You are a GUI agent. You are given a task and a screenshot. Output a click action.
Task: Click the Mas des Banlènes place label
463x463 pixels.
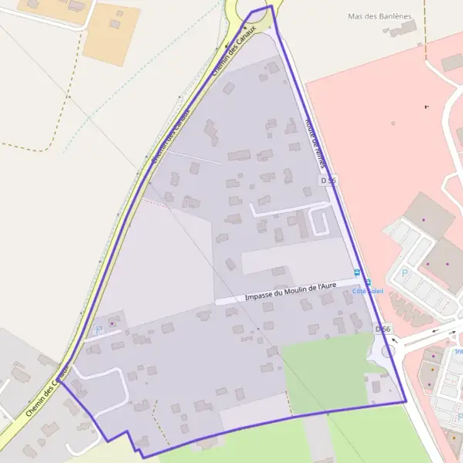pos(379,16)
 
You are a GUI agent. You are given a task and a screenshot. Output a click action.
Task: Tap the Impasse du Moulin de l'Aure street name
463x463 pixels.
pos(290,292)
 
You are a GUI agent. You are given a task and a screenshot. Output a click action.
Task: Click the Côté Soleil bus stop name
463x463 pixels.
pos(367,291)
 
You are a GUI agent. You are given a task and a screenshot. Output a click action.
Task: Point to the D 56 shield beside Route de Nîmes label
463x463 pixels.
pos(328,180)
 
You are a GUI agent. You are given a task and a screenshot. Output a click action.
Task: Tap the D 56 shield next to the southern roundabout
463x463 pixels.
pos(383,329)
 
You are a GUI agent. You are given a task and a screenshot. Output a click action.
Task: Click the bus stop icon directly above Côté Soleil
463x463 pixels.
pos(368,282)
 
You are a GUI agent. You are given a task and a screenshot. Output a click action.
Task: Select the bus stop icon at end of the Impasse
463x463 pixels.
pos(357,272)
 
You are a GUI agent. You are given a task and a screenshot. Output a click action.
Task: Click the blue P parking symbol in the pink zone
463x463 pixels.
pos(404,272)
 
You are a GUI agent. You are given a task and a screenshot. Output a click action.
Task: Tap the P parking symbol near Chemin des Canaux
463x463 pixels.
pos(98,330)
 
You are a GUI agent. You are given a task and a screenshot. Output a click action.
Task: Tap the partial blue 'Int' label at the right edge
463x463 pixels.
pos(458,351)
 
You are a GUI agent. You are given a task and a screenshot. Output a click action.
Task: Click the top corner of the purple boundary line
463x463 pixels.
pos(271,6)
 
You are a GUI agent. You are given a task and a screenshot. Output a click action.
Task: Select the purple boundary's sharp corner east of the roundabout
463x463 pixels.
pos(405,401)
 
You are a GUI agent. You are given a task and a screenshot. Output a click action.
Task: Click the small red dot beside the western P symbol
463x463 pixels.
pos(111,323)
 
